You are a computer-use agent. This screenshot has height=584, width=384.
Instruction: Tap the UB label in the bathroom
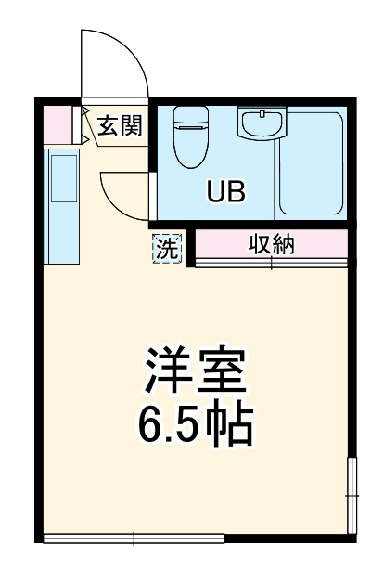pyautogui.click(x=225, y=193)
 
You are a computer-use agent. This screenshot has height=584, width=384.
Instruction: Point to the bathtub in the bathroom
pyautogui.click(x=311, y=162)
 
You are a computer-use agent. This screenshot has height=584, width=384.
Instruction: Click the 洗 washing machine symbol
pyautogui.click(x=167, y=249)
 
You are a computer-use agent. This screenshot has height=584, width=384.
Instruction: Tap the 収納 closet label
pyautogui.click(x=271, y=245)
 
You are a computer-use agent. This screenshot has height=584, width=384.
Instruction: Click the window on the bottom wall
pyautogui.click(x=134, y=538)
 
